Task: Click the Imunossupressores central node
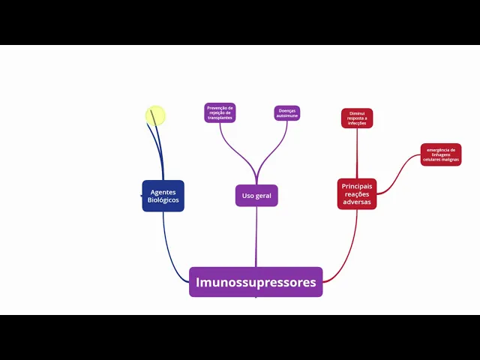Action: [256, 282]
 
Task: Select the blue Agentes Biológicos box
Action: [163, 196]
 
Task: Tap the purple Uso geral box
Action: [256, 196]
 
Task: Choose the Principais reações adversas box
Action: [356, 194]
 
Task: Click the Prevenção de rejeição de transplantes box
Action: [220, 113]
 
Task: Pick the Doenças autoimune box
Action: [287, 113]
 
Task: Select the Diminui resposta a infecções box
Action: [357, 118]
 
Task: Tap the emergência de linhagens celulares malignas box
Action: [441, 154]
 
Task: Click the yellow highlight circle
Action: [155, 115]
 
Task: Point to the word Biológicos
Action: [163, 200]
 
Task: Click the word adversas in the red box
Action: [357, 202]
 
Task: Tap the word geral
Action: [263, 196]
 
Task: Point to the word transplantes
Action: [220, 118]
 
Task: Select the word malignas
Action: [449, 160]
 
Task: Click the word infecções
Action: [357, 124]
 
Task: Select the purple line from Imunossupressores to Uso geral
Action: [256, 236]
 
